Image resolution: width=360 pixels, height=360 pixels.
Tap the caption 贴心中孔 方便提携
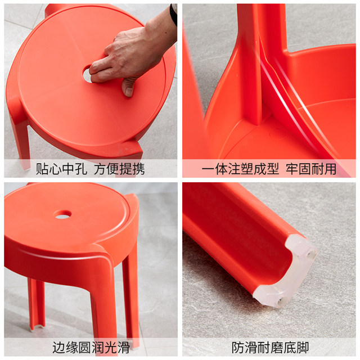91,169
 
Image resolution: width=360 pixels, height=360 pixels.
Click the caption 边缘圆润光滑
91,347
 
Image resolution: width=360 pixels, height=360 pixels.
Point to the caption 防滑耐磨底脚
270,347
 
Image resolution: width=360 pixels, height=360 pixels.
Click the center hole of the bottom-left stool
63,214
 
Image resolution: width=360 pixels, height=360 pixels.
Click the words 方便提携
119,169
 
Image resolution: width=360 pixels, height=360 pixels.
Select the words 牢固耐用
310,169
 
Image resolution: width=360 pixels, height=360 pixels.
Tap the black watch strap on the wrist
174,14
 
